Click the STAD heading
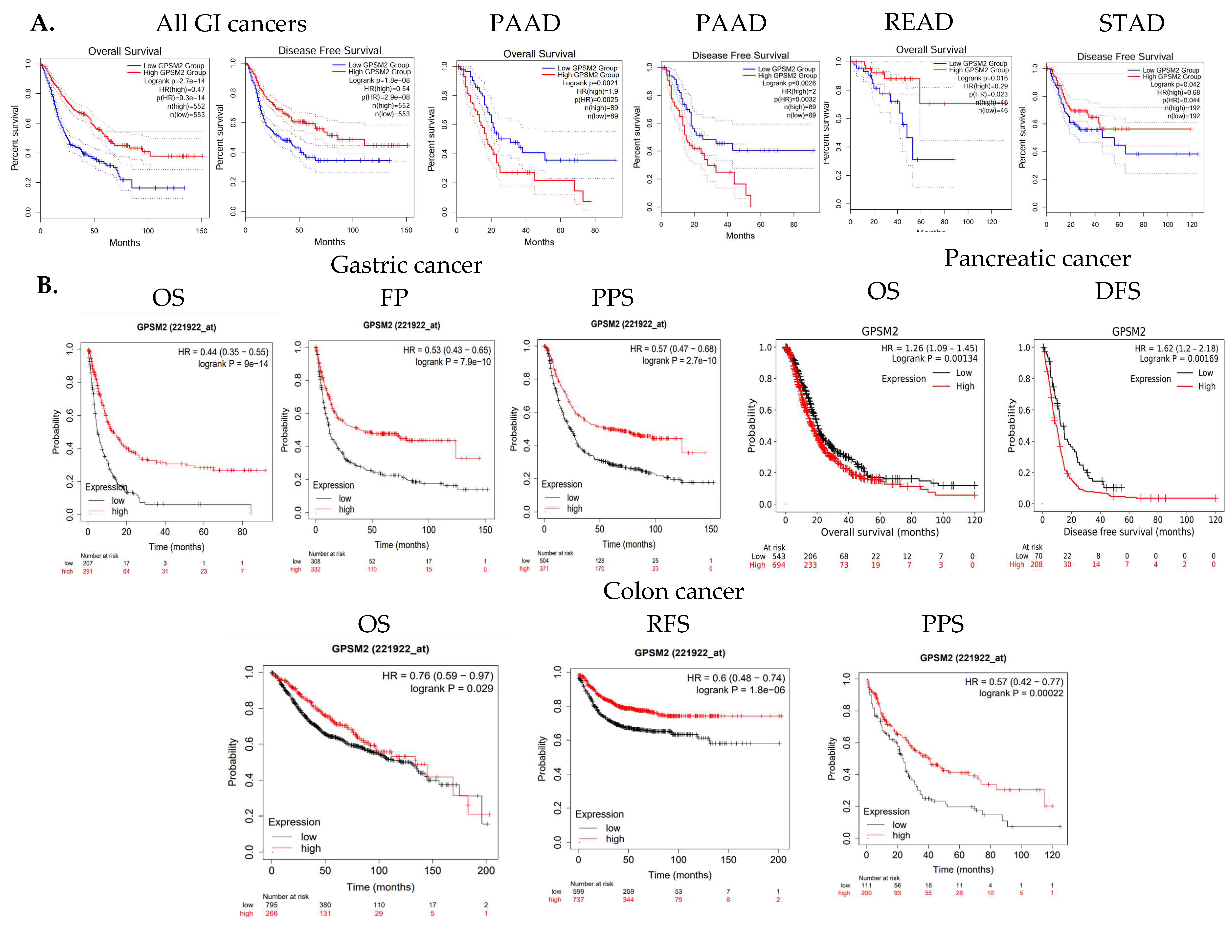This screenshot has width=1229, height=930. [1132, 23]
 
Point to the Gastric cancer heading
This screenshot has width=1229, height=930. [406, 265]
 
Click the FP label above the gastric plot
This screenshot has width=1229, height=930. [394, 298]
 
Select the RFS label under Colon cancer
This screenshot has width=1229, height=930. [668, 624]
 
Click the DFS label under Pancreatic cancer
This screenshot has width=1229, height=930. [1117, 291]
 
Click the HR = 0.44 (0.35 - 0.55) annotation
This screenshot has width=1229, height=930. [223, 352]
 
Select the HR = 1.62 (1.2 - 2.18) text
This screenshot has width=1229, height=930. [1176, 348]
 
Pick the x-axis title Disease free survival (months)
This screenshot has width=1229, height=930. [1128, 532]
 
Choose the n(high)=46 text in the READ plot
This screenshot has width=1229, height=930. [991, 102]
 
